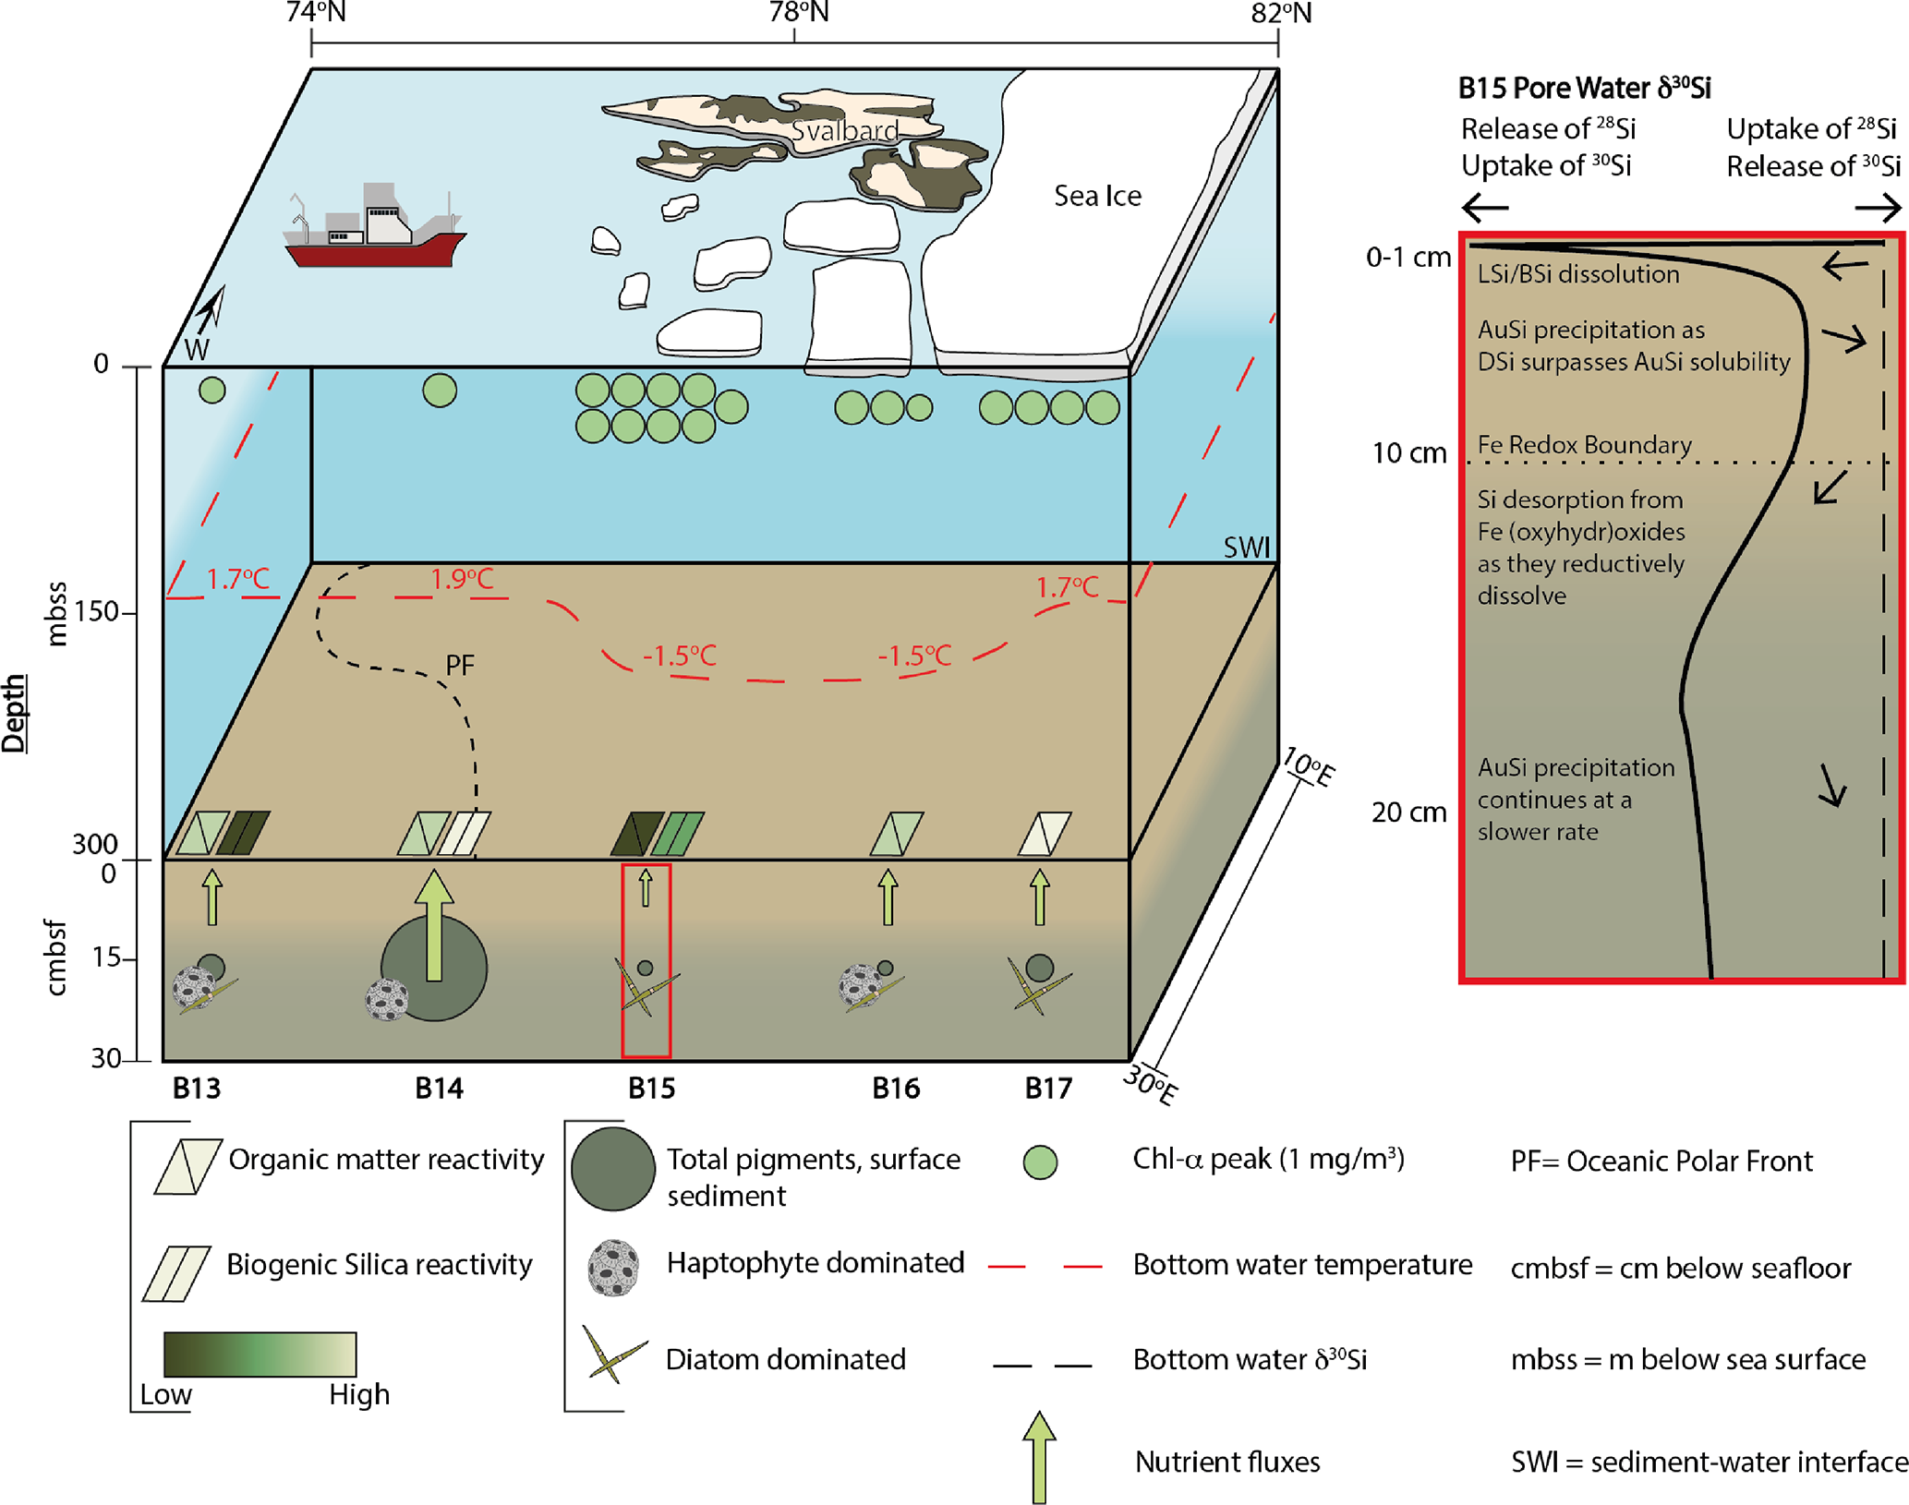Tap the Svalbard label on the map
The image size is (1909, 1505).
pos(844,131)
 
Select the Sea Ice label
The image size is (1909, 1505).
pos(1097,196)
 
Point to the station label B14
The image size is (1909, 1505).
pos(439,1089)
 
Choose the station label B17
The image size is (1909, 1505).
pos(1048,1089)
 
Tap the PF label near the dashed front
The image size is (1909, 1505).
pos(460,665)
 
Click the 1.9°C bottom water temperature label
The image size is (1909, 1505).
pos(462,579)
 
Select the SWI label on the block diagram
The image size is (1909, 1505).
pos(1246,548)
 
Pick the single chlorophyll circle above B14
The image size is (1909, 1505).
pos(440,391)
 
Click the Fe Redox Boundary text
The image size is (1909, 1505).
pos(1584,445)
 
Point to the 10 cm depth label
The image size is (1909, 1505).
pos(1408,453)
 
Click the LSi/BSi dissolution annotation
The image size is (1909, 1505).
pos(1577,274)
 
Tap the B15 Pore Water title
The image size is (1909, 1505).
pos(1584,88)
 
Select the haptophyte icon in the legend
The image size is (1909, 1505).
pos(613,1268)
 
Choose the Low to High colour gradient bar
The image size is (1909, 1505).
pos(260,1354)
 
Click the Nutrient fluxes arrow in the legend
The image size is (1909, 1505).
pos(1039,1457)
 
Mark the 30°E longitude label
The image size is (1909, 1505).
pos(1151,1085)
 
